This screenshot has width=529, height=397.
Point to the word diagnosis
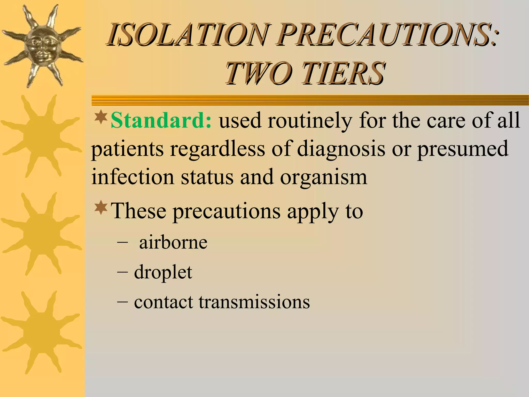(x=341, y=149)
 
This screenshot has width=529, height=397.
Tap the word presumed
(x=463, y=149)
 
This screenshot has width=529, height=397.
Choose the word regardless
(x=217, y=149)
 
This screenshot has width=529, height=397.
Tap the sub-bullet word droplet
(x=163, y=272)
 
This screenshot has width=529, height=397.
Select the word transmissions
(x=254, y=302)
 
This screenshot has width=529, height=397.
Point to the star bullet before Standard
(x=101, y=117)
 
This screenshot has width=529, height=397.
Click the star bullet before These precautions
(x=101, y=207)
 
